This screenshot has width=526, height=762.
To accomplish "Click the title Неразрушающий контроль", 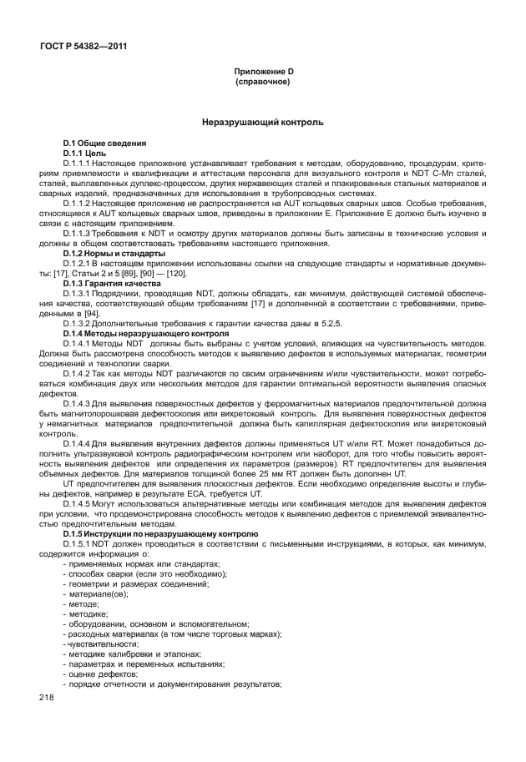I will pyautogui.click(x=262, y=123).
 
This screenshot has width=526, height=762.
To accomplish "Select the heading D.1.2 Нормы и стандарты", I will pyautogui.click(x=114, y=253).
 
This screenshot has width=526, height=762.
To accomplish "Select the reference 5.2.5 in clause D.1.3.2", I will pyautogui.click(x=254, y=323).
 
